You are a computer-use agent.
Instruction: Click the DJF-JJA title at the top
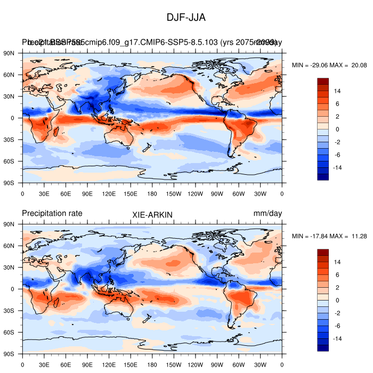[x=186, y=18]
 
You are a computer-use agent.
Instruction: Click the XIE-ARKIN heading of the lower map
[x=152, y=214]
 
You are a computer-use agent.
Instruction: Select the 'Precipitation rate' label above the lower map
[x=52, y=213]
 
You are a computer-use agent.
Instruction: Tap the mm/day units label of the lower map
[x=267, y=213]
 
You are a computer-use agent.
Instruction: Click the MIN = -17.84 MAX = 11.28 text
[x=330, y=236]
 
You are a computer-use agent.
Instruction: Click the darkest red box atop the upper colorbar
[x=323, y=81]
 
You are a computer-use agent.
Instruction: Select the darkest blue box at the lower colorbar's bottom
[x=323, y=348]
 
